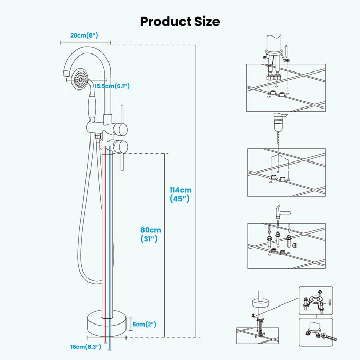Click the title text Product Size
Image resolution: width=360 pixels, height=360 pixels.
(180, 21)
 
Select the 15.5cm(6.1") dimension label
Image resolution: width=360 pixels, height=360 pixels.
(111, 86)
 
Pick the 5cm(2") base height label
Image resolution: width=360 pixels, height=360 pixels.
(143, 324)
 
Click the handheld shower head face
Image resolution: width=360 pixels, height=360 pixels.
(79, 77)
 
